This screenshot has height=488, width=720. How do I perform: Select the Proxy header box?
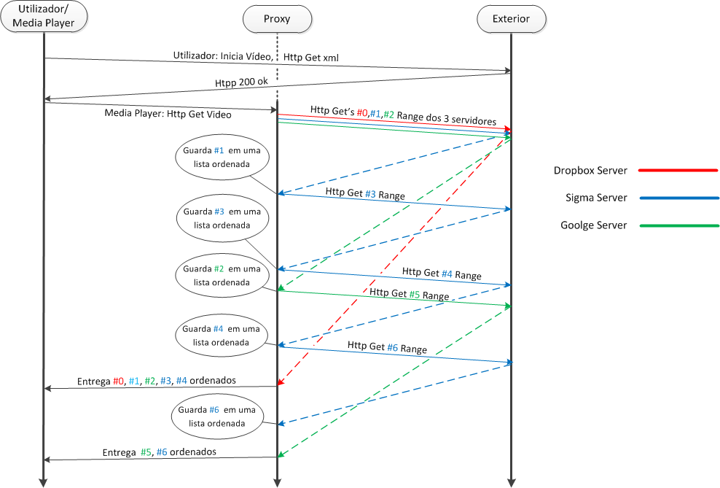click(x=277, y=18)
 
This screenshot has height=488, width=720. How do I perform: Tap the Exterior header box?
click(x=511, y=18)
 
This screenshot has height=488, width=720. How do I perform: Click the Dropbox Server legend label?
click(x=590, y=171)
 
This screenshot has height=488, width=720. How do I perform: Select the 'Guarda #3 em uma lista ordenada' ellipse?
click(x=222, y=218)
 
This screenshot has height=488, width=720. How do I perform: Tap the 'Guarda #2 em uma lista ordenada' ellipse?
click(x=222, y=276)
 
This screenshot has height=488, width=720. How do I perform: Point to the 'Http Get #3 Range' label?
click(x=365, y=194)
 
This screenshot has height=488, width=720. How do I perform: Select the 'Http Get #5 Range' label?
click(x=409, y=294)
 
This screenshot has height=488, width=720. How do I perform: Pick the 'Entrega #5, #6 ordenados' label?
click(x=159, y=452)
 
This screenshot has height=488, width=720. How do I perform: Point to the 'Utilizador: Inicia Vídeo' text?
click(x=223, y=55)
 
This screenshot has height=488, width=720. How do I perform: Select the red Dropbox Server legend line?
click(x=678, y=171)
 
